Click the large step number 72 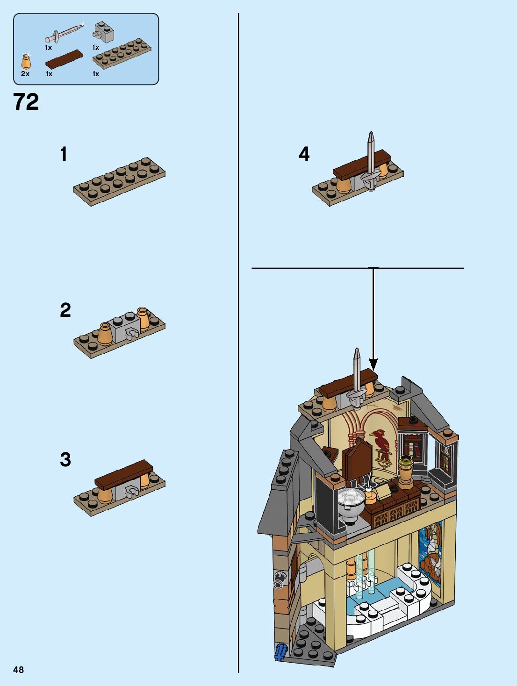pos(26,102)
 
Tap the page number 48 pos(18,670)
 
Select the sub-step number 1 pos(64,154)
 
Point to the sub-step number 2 pos(65,310)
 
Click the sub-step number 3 pos(65,459)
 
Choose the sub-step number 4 pos(304,154)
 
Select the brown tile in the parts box pos(64,58)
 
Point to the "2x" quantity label pos(25,74)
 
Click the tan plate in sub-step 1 pos(119,182)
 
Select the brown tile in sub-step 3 pos(124,473)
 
